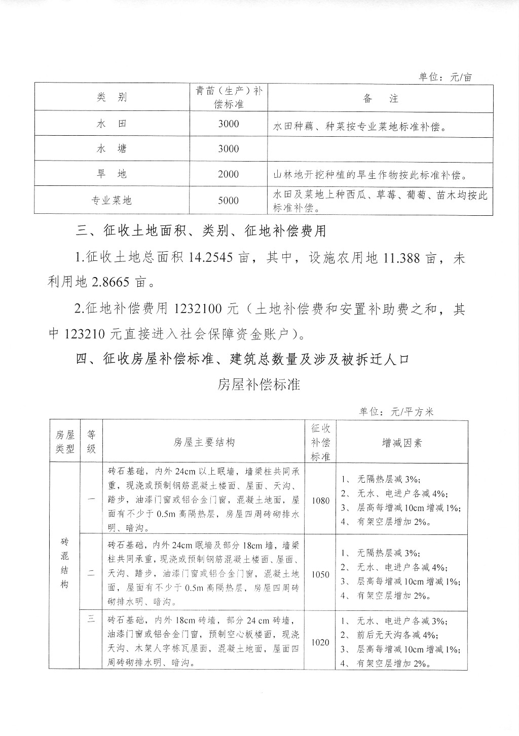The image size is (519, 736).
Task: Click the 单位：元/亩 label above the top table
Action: [x=445, y=77]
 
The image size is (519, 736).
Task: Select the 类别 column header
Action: [x=112, y=97]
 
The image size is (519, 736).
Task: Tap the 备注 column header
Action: [x=381, y=98]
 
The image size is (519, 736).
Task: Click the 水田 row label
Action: [x=112, y=124]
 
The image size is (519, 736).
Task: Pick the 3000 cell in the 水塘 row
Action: [x=228, y=148]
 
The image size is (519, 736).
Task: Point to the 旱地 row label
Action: [x=112, y=174]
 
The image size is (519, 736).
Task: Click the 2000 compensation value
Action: [x=228, y=174]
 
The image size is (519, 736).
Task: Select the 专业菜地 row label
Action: [x=112, y=200]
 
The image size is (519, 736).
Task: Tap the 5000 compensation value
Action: [x=228, y=200]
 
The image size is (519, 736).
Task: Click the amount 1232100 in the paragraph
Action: [x=206, y=308]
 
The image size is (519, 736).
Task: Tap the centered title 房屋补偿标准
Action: [x=259, y=384]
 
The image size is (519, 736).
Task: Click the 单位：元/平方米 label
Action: [x=396, y=411]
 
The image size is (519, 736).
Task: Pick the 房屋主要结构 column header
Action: [x=204, y=442]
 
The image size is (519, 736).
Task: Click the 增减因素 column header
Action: [x=401, y=443]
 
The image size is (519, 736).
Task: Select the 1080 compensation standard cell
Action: [x=320, y=500]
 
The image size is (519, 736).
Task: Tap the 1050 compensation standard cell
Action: [x=320, y=574]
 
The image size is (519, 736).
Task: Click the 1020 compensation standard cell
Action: [x=320, y=642]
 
